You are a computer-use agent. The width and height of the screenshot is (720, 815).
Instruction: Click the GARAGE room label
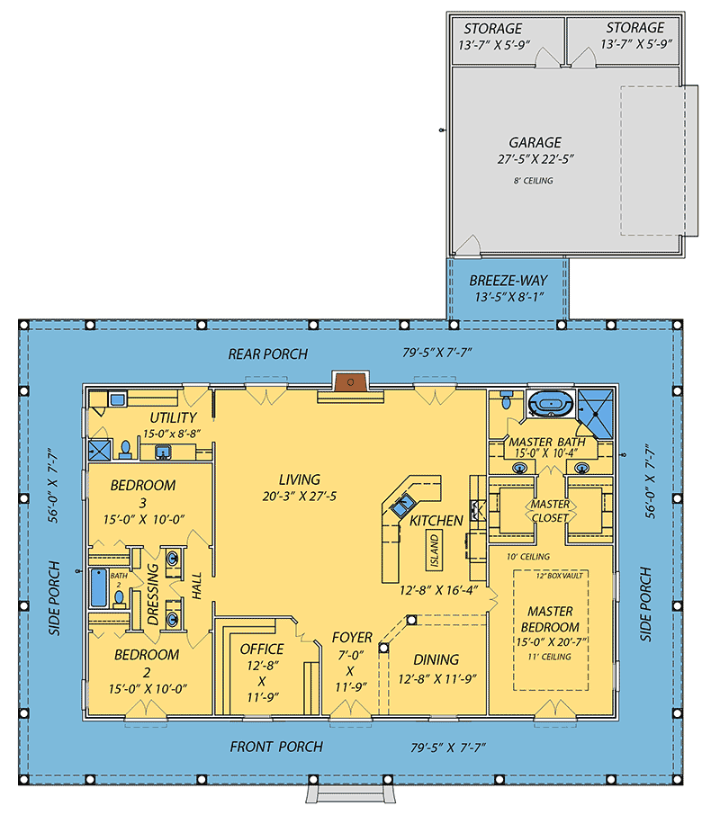(x=535, y=142)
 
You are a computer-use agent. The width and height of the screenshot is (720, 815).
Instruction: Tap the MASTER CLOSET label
(x=549, y=511)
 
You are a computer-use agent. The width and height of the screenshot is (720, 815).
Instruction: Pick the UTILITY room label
(x=173, y=417)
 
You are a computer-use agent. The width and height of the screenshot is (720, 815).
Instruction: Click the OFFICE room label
(x=262, y=649)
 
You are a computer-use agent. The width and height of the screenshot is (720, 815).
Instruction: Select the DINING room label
(x=436, y=659)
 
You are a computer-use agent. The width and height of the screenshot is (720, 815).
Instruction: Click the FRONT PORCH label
(x=275, y=747)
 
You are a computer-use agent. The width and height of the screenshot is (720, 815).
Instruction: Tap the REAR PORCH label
(x=267, y=354)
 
